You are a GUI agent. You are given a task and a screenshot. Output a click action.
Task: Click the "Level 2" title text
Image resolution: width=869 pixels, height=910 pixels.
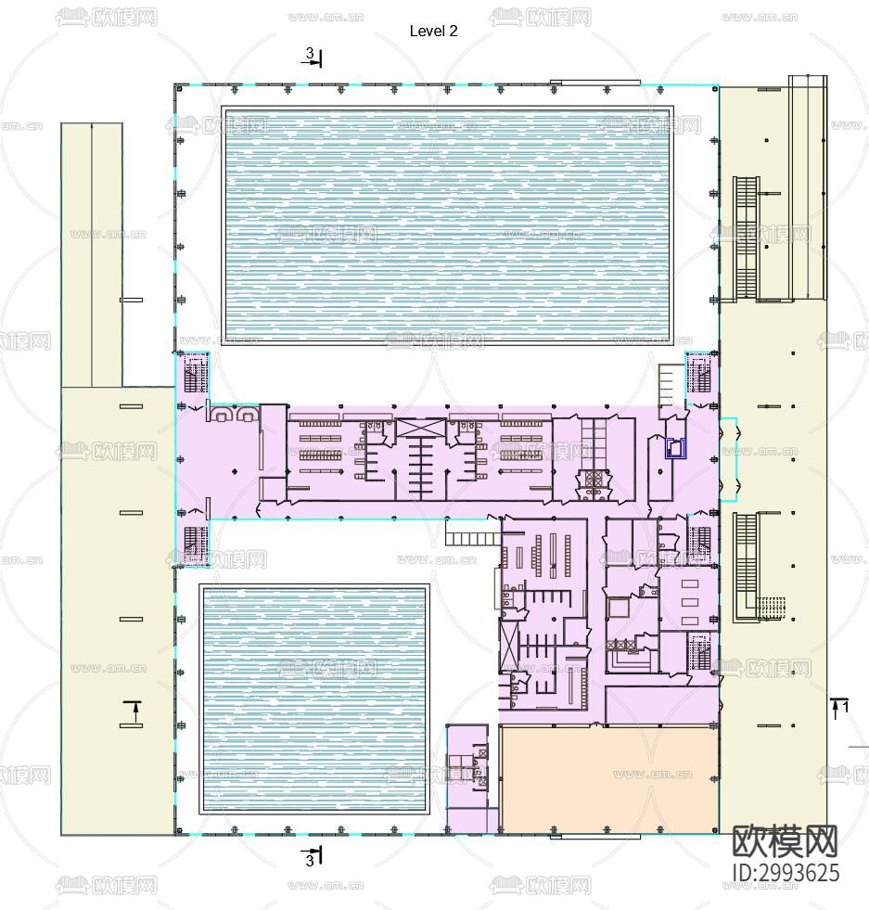tap(433, 31)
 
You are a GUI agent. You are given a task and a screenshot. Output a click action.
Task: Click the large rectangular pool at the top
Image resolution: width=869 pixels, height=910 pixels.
tap(447, 224)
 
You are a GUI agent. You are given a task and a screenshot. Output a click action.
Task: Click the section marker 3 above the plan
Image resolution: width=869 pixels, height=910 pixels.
tap(313, 58)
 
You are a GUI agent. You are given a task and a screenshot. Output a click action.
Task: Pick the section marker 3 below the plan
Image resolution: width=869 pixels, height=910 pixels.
tap(313, 856)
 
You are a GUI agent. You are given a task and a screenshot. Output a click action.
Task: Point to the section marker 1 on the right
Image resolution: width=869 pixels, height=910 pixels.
tap(840, 708)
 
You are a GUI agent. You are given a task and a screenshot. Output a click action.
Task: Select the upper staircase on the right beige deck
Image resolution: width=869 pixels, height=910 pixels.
tap(747, 237)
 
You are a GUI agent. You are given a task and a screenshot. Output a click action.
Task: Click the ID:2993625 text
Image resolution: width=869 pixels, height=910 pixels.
tap(786, 873)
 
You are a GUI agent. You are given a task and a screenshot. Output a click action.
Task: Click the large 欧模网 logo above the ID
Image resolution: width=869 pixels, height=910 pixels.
tap(785, 840)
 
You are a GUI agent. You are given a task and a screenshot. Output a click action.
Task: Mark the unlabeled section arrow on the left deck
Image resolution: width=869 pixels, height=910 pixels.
tap(134, 712)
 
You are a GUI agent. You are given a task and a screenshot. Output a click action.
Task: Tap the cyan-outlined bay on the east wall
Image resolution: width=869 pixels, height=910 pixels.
tap(728, 459)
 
